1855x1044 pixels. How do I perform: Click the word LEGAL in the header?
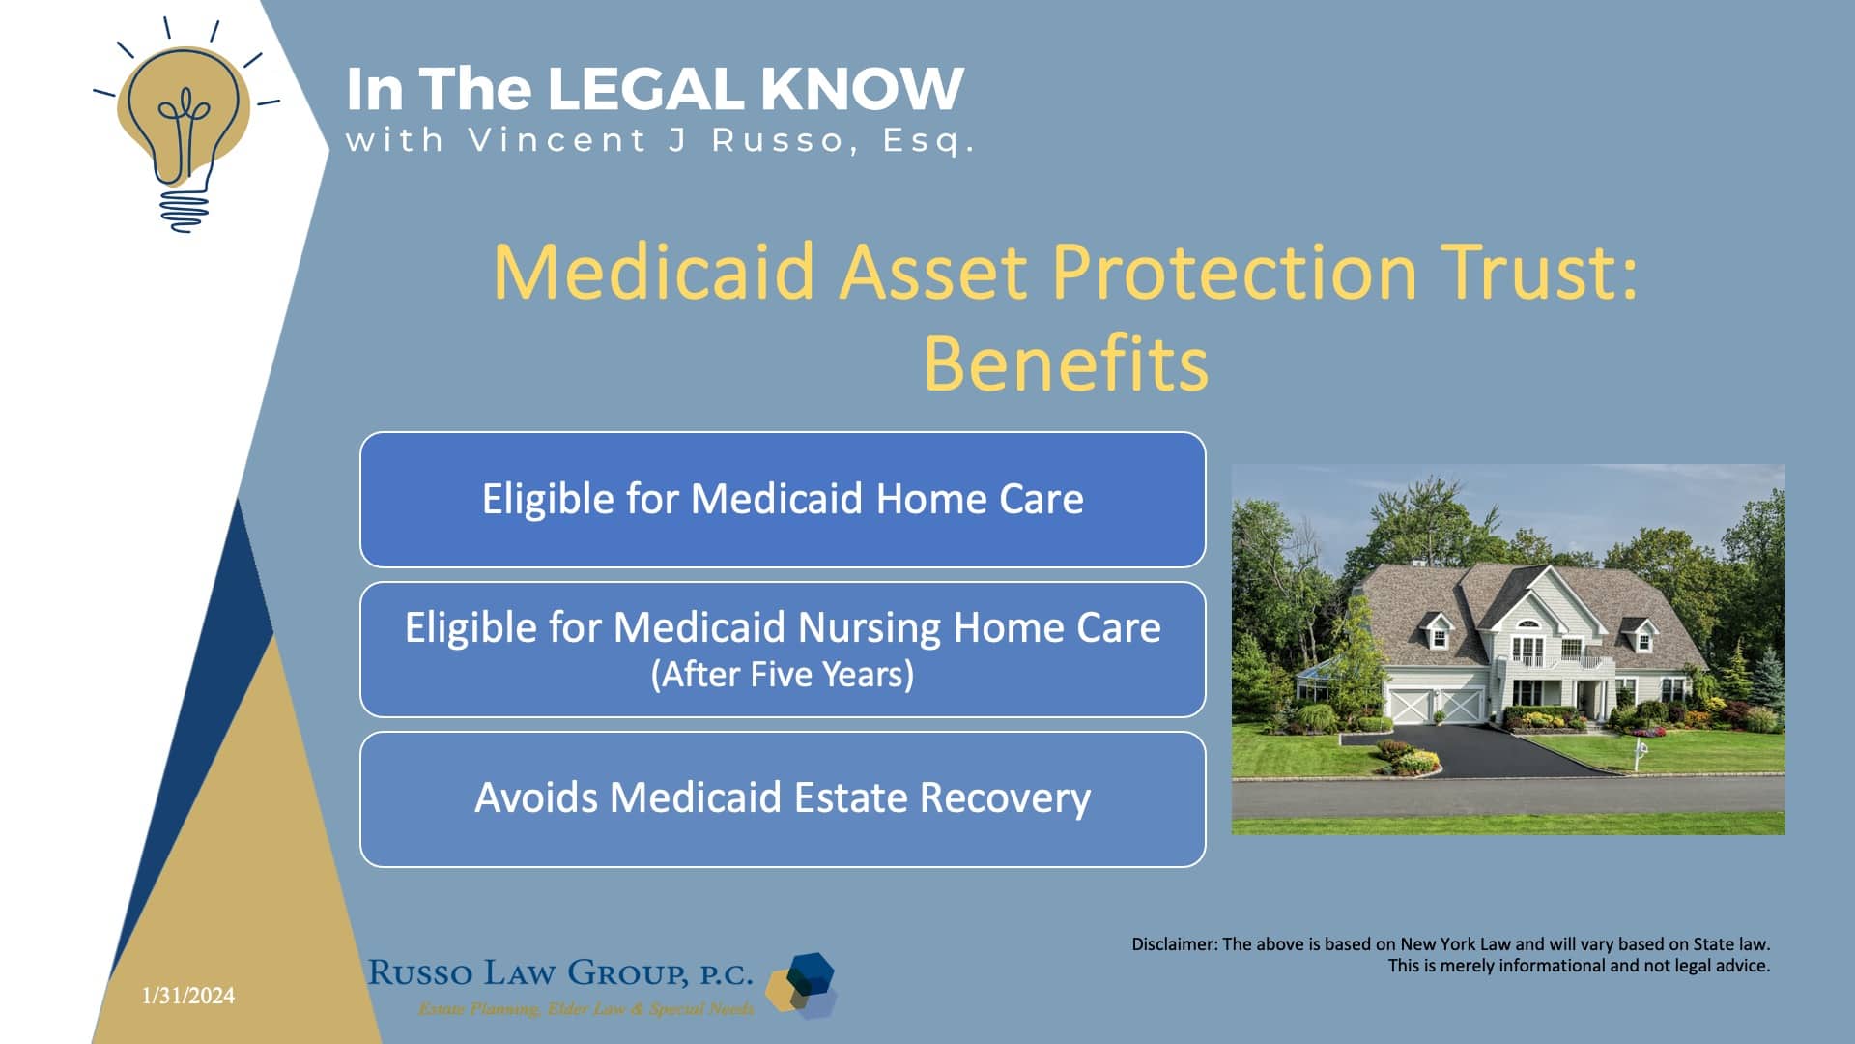pos(644,89)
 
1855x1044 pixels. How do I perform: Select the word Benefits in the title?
pos(1066,364)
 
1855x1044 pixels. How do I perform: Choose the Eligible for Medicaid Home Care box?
pos(783,500)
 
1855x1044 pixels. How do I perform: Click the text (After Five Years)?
pos(783,675)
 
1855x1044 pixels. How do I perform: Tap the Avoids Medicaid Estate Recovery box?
pos(783,799)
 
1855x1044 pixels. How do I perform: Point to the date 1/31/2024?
pos(188,996)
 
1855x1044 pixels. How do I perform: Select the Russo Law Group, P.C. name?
pos(560,972)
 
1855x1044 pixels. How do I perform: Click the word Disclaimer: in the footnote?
pos(1174,944)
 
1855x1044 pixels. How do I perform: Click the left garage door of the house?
pos(1410,706)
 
